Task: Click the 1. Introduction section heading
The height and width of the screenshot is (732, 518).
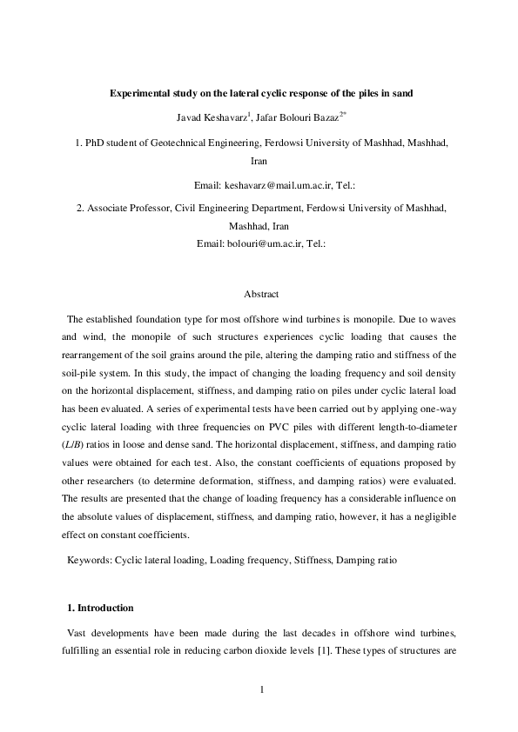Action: pos(100,607)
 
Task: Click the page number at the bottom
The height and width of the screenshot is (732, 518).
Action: pos(260,690)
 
